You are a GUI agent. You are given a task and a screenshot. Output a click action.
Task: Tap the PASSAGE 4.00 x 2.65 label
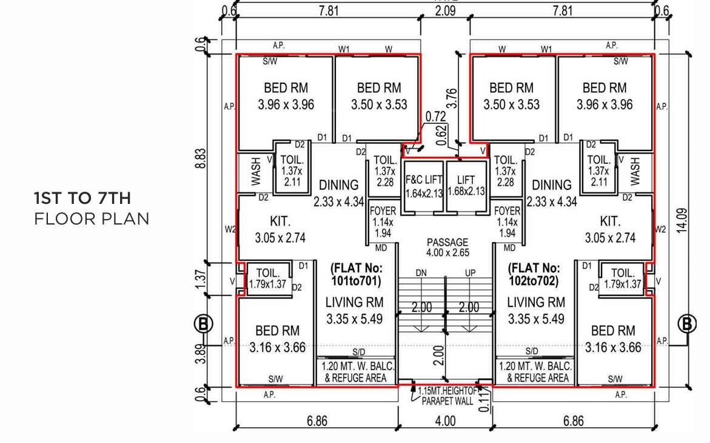pos(447,246)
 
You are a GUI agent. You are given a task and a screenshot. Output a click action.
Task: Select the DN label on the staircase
pos(421,273)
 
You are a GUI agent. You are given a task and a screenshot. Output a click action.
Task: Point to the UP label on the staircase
pos(470,273)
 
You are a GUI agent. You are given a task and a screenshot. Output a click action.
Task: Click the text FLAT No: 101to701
pos(355,274)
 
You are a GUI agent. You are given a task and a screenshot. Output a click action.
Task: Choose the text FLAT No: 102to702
pos(534,274)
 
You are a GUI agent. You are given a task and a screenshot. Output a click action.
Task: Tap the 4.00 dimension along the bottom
pos(446,421)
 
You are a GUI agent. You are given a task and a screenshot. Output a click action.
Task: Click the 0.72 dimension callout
pos(435,115)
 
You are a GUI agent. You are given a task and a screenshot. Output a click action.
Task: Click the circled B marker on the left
pos(204,324)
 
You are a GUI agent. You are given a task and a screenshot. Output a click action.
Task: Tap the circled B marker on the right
pos(687,324)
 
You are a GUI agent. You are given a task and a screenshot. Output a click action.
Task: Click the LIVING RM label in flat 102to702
pos(535,302)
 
